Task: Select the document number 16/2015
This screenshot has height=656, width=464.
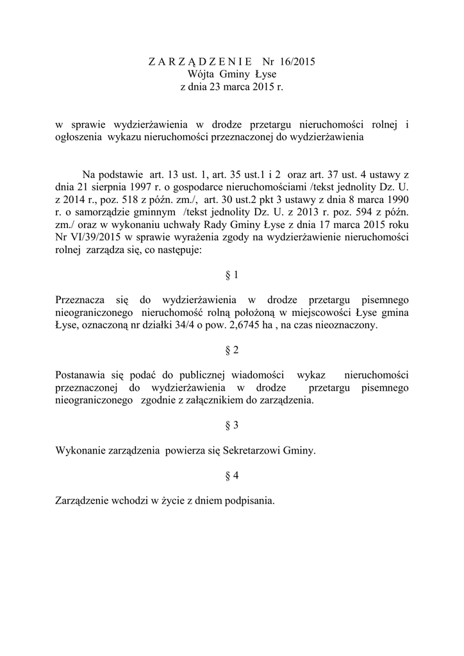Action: [298, 62]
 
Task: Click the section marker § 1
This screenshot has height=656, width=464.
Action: [232, 275]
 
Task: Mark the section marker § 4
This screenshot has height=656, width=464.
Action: [232, 475]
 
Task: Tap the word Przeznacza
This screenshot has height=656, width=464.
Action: [81, 300]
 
